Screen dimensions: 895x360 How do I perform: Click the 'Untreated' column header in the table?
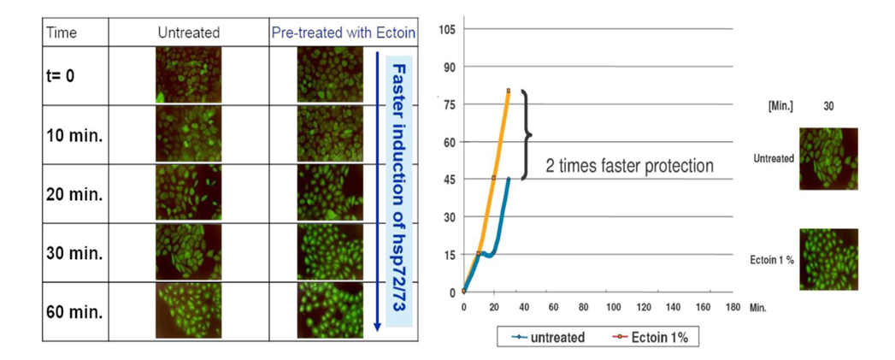click(x=188, y=32)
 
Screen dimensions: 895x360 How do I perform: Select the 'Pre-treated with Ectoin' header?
click(x=344, y=32)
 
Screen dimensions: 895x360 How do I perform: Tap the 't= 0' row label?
click(x=60, y=75)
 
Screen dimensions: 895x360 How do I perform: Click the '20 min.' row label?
click(x=74, y=194)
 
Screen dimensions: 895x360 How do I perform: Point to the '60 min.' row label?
click(x=74, y=312)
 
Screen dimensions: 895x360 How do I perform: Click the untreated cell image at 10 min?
click(x=188, y=134)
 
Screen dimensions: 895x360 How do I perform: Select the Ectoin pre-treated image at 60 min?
click(x=330, y=310)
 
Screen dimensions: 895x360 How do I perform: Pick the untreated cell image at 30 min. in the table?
click(x=188, y=252)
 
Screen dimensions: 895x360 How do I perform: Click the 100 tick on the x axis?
click(x=613, y=307)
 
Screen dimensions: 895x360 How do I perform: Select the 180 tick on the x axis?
click(x=733, y=307)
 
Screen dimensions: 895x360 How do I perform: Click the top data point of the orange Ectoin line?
click(x=508, y=91)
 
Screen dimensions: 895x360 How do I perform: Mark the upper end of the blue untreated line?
click(x=508, y=178)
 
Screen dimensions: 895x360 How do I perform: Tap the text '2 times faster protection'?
click(x=630, y=166)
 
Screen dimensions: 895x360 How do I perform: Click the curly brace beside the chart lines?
click(x=527, y=135)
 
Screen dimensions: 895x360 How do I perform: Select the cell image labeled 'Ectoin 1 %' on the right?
click(x=828, y=259)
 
